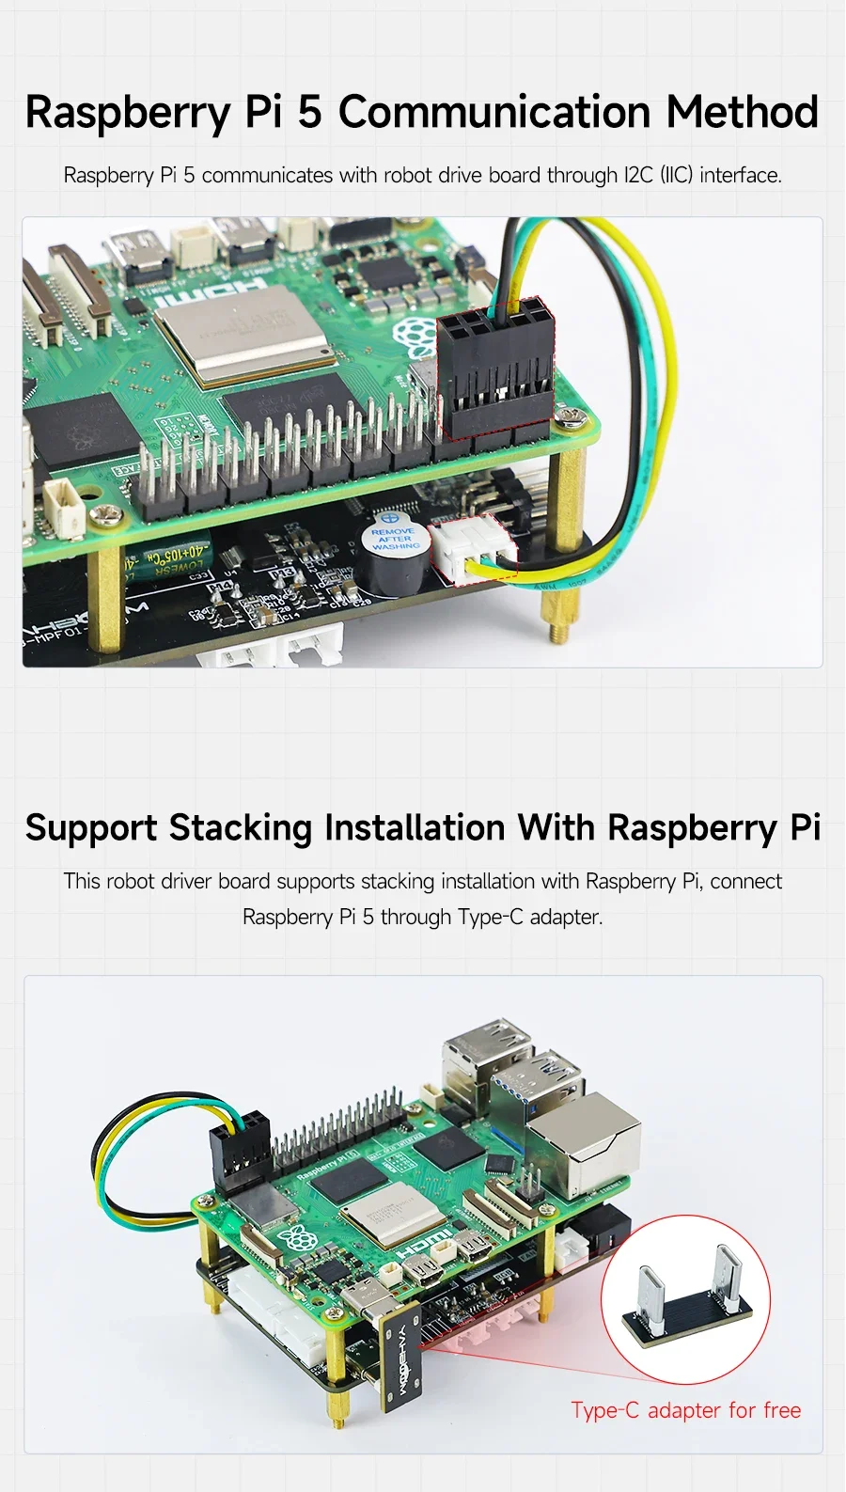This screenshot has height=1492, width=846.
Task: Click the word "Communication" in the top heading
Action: coord(494,112)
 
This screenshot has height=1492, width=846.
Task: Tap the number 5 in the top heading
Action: coord(309,112)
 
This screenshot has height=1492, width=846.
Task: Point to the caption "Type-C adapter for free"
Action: coord(685,1410)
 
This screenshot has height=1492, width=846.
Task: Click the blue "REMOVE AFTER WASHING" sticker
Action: coord(395,539)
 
